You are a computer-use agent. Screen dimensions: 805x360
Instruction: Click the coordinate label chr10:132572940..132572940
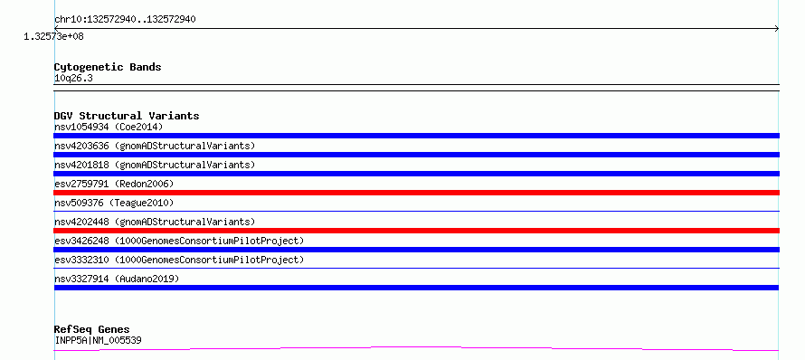click(125, 20)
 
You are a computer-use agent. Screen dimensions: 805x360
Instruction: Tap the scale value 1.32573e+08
click(54, 36)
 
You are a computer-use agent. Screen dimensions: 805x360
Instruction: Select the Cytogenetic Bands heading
click(108, 67)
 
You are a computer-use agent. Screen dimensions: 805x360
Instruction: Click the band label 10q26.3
click(73, 78)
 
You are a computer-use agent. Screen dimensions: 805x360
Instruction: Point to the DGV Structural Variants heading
click(127, 116)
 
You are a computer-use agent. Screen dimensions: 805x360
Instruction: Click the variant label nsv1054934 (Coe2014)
click(109, 127)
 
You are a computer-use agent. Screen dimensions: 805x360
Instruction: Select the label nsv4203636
click(81, 146)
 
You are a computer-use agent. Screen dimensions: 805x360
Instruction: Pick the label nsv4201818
click(81, 165)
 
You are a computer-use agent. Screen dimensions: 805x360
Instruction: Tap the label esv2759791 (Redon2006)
click(114, 184)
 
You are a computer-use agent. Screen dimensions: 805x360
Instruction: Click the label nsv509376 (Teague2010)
click(114, 203)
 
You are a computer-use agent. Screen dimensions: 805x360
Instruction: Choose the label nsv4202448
click(81, 222)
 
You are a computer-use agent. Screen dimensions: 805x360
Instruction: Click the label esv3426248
click(81, 241)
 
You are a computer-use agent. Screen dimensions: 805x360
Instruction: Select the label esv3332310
click(81, 260)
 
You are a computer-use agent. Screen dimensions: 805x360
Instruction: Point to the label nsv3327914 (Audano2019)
click(117, 279)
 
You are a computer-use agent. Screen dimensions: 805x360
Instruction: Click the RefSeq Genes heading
click(92, 329)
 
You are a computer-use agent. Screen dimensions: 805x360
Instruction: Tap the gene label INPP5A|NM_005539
click(98, 340)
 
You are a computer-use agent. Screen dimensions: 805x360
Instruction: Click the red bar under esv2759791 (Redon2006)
click(416, 193)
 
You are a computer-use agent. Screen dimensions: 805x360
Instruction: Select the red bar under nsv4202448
click(416, 231)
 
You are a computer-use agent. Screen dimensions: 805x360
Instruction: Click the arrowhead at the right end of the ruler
click(778, 29)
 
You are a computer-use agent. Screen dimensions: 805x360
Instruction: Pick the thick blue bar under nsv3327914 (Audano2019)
click(416, 288)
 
